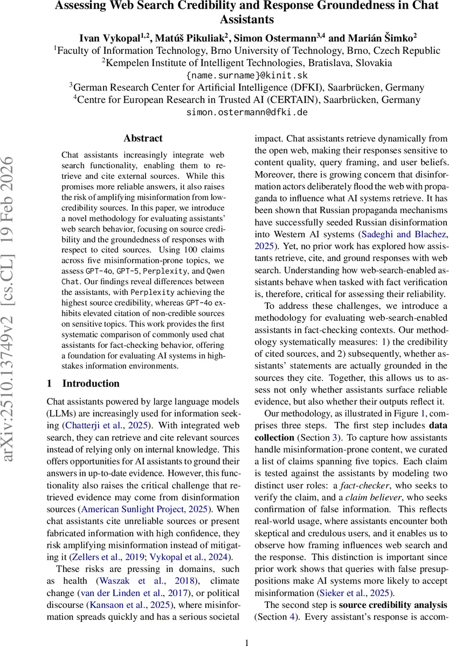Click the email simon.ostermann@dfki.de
click(247, 113)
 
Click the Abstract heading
click(143, 138)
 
